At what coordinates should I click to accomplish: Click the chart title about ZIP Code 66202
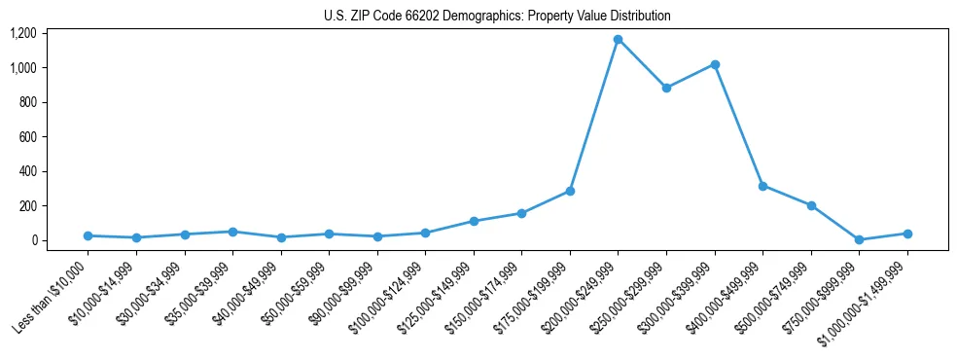497,17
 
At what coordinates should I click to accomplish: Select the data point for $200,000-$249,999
619,40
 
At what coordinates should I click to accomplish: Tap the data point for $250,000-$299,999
666,88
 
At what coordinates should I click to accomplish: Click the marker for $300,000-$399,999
715,64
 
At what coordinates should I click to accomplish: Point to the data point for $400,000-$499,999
762,186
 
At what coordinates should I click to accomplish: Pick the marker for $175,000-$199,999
570,191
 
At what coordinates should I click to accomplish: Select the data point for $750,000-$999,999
859,239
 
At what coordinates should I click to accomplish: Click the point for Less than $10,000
88,235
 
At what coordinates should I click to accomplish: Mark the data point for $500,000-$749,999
811,205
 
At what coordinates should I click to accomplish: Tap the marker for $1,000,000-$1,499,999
907,234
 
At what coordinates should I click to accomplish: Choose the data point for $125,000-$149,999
474,221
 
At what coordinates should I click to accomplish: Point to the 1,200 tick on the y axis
22,33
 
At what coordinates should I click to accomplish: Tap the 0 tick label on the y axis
33,240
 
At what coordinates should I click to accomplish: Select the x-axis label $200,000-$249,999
580,299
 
